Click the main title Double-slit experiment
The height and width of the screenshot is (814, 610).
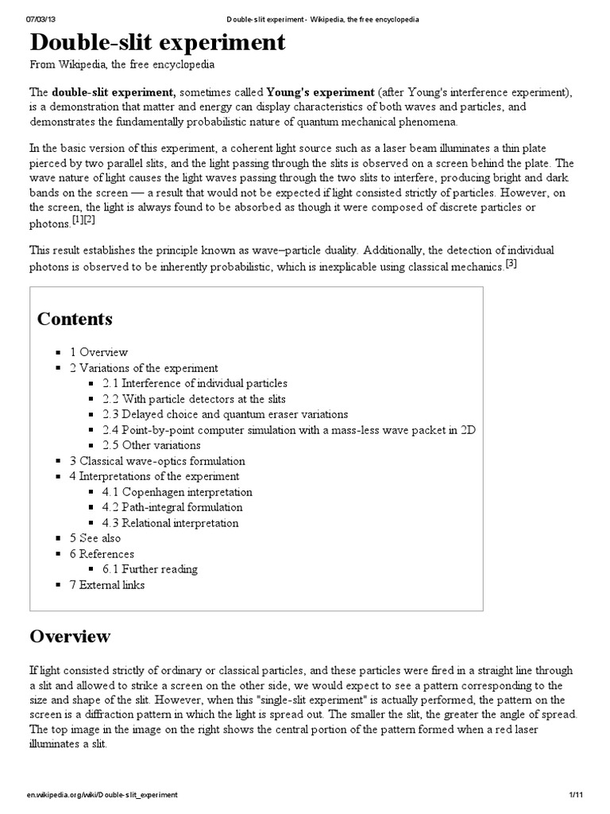(x=157, y=43)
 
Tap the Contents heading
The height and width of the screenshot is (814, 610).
(x=75, y=319)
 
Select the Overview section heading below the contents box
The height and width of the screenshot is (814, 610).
(x=70, y=636)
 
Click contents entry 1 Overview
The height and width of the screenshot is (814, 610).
(x=98, y=352)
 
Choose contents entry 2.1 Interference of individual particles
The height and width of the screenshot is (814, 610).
(x=195, y=383)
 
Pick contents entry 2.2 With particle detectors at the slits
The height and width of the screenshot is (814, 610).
(x=194, y=399)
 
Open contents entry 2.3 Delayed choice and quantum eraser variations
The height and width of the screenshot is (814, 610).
(x=225, y=414)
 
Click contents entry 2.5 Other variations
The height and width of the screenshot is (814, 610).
(x=151, y=445)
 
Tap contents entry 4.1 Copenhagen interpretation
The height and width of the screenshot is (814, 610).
(x=177, y=492)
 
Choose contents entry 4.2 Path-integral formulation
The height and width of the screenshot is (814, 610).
(x=172, y=507)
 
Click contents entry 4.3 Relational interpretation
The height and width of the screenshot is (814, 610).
(x=170, y=523)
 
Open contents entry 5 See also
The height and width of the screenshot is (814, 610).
(x=95, y=538)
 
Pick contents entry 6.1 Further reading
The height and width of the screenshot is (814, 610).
(x=150, y=569)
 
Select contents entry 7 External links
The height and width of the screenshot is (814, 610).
(x=107, y=585)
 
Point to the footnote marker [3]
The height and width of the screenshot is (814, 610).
(x=512, y=265)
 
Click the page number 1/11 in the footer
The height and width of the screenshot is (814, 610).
(x=576, y=795)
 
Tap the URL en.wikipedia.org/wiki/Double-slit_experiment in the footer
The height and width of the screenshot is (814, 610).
(x=102, y=795)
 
